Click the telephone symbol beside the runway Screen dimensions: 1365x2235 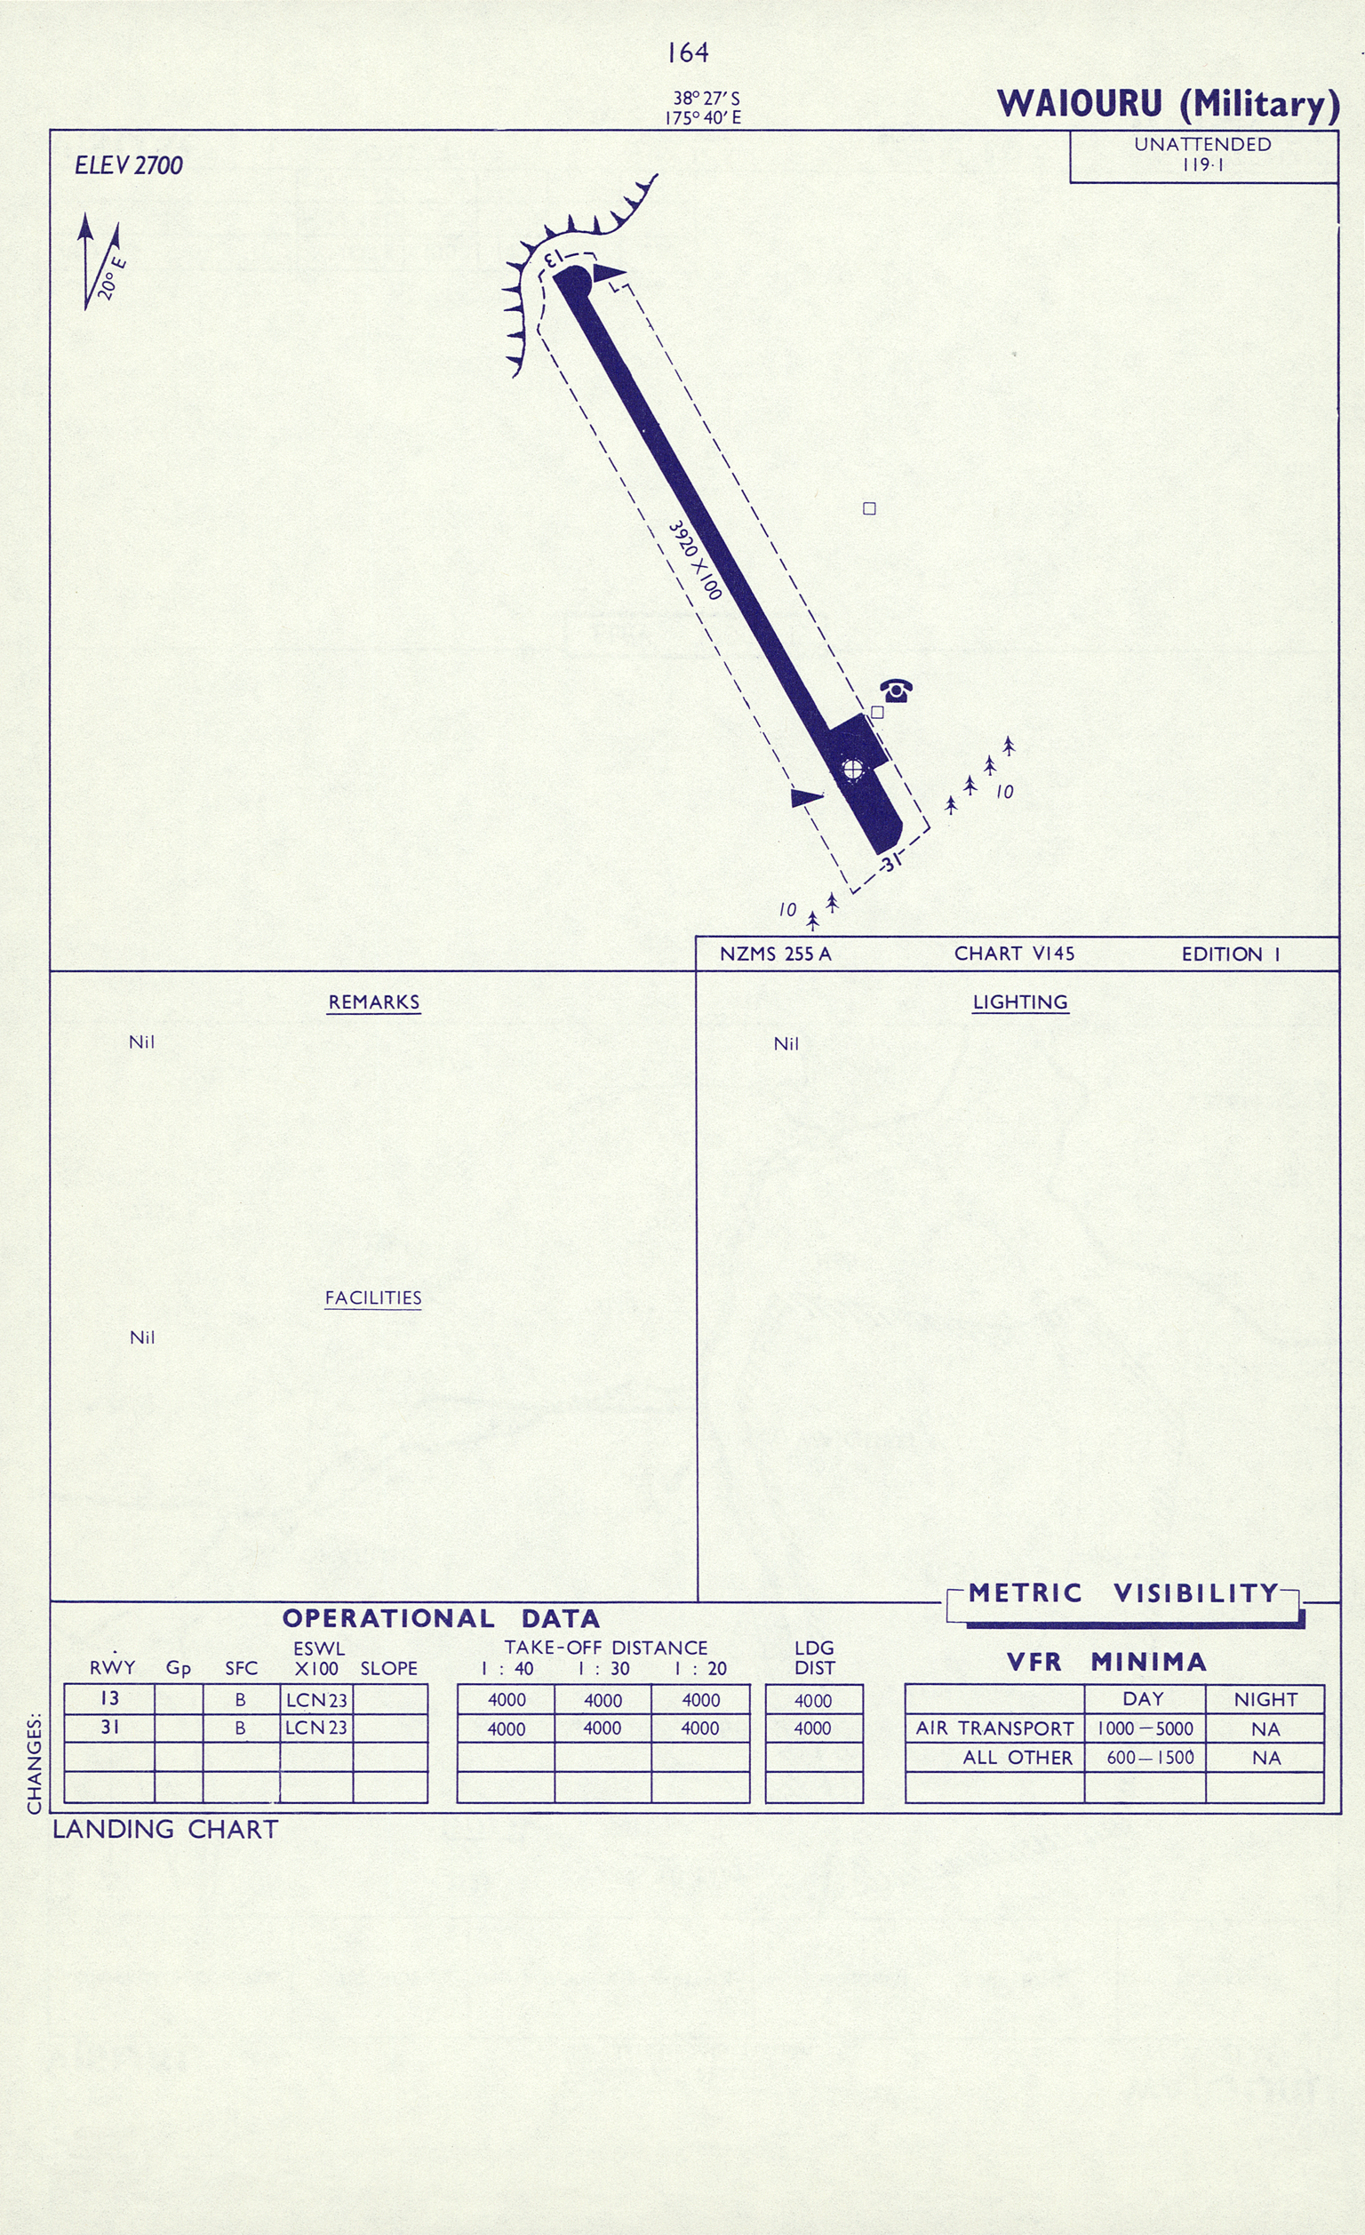(x=896, y=691)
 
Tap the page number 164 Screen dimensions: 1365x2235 (x=688, y=53)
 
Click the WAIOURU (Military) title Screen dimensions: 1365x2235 (x=1169, y=103)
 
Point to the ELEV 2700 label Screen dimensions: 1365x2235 (x=129, y=165)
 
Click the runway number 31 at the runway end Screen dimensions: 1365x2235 (x=891, y=862)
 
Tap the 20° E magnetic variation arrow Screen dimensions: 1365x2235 (x=100, y=261)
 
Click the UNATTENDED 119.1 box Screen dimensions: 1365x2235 (x=1203, y=156)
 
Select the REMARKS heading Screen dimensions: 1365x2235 (x=373, y=1002)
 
